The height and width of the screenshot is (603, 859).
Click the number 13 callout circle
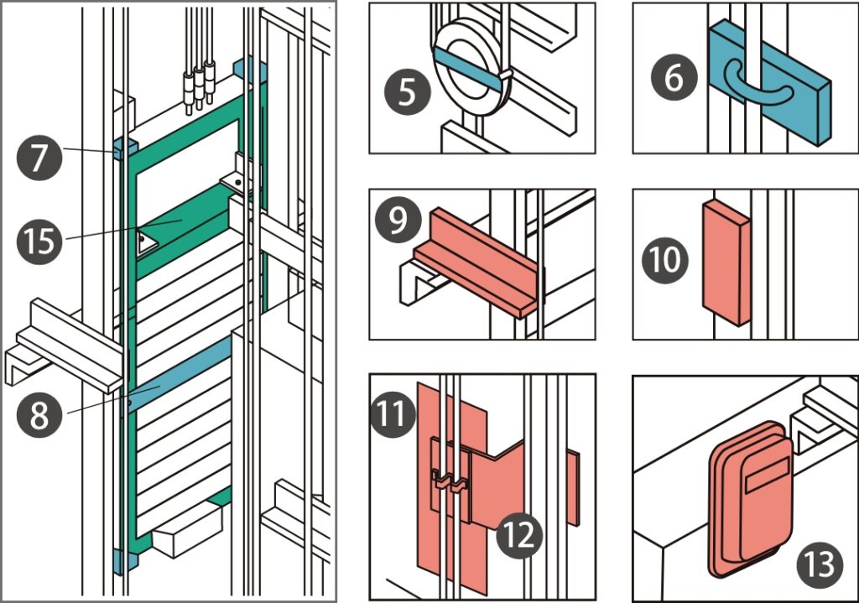click(x=815, y=563)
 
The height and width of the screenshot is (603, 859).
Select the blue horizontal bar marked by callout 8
click(x=180, y=377)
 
